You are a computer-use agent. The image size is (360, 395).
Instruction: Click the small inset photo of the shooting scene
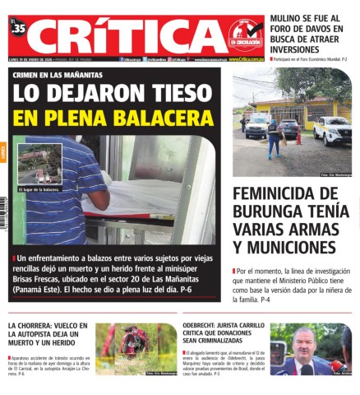39,165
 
